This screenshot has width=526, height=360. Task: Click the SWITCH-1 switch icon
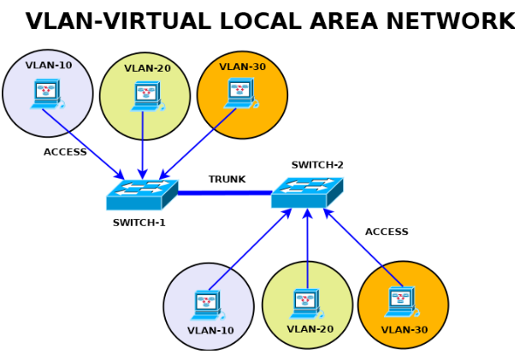[x=141, y=195]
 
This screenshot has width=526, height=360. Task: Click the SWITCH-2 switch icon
[x=306, y=192]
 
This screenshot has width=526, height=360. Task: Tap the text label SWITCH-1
[x=139, y=223]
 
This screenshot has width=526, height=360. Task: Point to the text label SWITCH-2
[x=317, y=165]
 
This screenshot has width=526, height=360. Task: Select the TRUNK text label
[x=227, y=180]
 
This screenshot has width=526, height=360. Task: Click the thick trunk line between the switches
[x=225, y=193]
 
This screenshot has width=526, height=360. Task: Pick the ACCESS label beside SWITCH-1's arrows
[x=65, y=152]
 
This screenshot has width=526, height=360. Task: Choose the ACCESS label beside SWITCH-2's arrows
[x=387, y=232]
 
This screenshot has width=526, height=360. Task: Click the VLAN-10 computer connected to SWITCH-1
[x=46, y=93]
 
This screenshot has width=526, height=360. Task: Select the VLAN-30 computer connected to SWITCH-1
[x=240, y=93]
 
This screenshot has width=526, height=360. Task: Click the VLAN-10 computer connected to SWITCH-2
[x=207, y=305]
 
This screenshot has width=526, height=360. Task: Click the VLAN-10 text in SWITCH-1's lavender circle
[x=49, y=65]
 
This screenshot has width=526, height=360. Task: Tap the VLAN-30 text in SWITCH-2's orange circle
[x=405, y=329]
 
